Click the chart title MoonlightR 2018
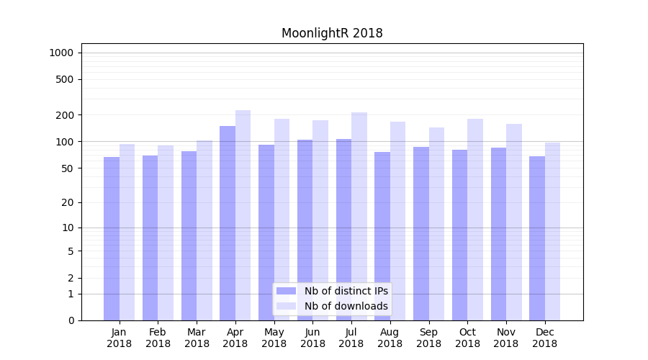[x=332, y=33]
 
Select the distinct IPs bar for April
[x=228, y=223]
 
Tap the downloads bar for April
[x=243, y=215]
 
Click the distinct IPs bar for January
[x=112, y=238]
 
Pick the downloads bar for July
[x=359, y=216]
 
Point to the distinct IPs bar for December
[x=537, y=238]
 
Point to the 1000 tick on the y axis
[x=61, y=53]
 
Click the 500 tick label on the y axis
[x=64, y=79]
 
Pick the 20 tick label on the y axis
[x=67, y=202]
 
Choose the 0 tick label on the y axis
[x=70, y=320]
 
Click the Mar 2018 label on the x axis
[x=197, y=338]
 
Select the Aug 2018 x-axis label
[x=390, y=338]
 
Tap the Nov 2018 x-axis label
[x=506, y=338]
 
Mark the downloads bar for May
[x=282, y=220]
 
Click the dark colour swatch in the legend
[x=286, y=291]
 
